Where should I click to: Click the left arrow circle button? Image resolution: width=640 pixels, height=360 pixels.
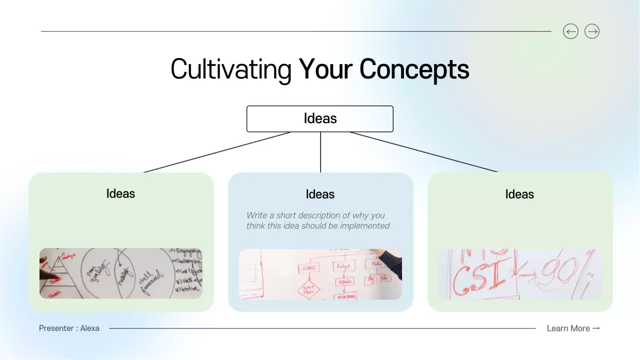[570, 31]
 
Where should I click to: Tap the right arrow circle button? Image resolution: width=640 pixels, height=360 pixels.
[592, 31]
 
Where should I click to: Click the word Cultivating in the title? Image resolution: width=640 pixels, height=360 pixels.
[231, 69]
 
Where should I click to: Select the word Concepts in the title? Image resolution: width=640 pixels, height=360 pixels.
[414, 69]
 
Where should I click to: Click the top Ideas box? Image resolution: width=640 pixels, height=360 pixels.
[320, 118]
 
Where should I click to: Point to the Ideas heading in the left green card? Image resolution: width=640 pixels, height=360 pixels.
[120, 193]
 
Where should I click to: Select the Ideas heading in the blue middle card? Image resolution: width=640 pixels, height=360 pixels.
[320, 194]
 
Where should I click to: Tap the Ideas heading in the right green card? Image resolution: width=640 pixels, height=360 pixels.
[519, 194]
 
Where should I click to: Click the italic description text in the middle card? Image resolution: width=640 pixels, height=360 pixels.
[318, 220]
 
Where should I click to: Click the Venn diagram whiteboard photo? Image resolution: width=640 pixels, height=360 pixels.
[121, 273]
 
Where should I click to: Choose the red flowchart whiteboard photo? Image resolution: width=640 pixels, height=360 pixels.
[320, 274]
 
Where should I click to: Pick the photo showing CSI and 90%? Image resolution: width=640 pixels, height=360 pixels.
[520, 274]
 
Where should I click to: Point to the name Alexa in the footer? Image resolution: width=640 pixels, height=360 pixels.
[90, 328]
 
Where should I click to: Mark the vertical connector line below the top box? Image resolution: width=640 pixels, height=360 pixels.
[320, 152]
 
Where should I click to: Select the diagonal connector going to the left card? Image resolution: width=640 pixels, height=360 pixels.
[217, 152]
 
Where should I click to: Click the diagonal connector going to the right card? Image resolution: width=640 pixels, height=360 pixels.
[424, 152]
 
